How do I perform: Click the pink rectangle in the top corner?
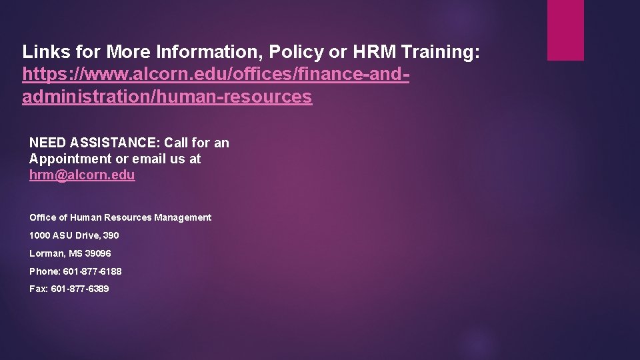pos(565,30)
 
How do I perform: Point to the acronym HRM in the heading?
pos(369,51)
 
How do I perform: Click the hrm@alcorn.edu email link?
pos(82,175)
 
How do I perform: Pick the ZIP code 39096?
pos(98,253)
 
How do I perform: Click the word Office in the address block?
pos(42,217)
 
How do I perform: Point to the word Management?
pos(185,217)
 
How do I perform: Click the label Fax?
pos(38,289)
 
